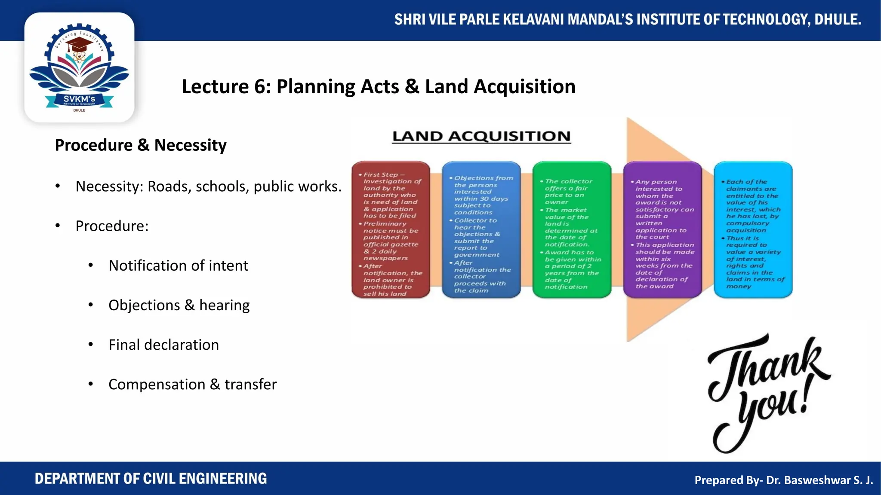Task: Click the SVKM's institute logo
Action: click(79, 68)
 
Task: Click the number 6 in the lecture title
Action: click(260, 87)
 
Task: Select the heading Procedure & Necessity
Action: click(141, 145)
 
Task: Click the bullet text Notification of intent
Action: click(178, 266)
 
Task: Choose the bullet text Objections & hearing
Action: click(179, 305)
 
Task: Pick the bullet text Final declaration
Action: click(163, 345)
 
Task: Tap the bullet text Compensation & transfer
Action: click(192, 384)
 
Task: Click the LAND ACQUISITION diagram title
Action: click(481, 136)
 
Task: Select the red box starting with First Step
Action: click(391, 230)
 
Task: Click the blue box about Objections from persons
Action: click(481, 230)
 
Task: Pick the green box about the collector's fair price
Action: click(572, 230)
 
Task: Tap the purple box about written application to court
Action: click(662, 230)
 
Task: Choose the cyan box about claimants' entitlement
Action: click(753, 230)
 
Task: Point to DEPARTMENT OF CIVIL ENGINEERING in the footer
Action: click(151, 479)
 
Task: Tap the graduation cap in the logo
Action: click(80, 45)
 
